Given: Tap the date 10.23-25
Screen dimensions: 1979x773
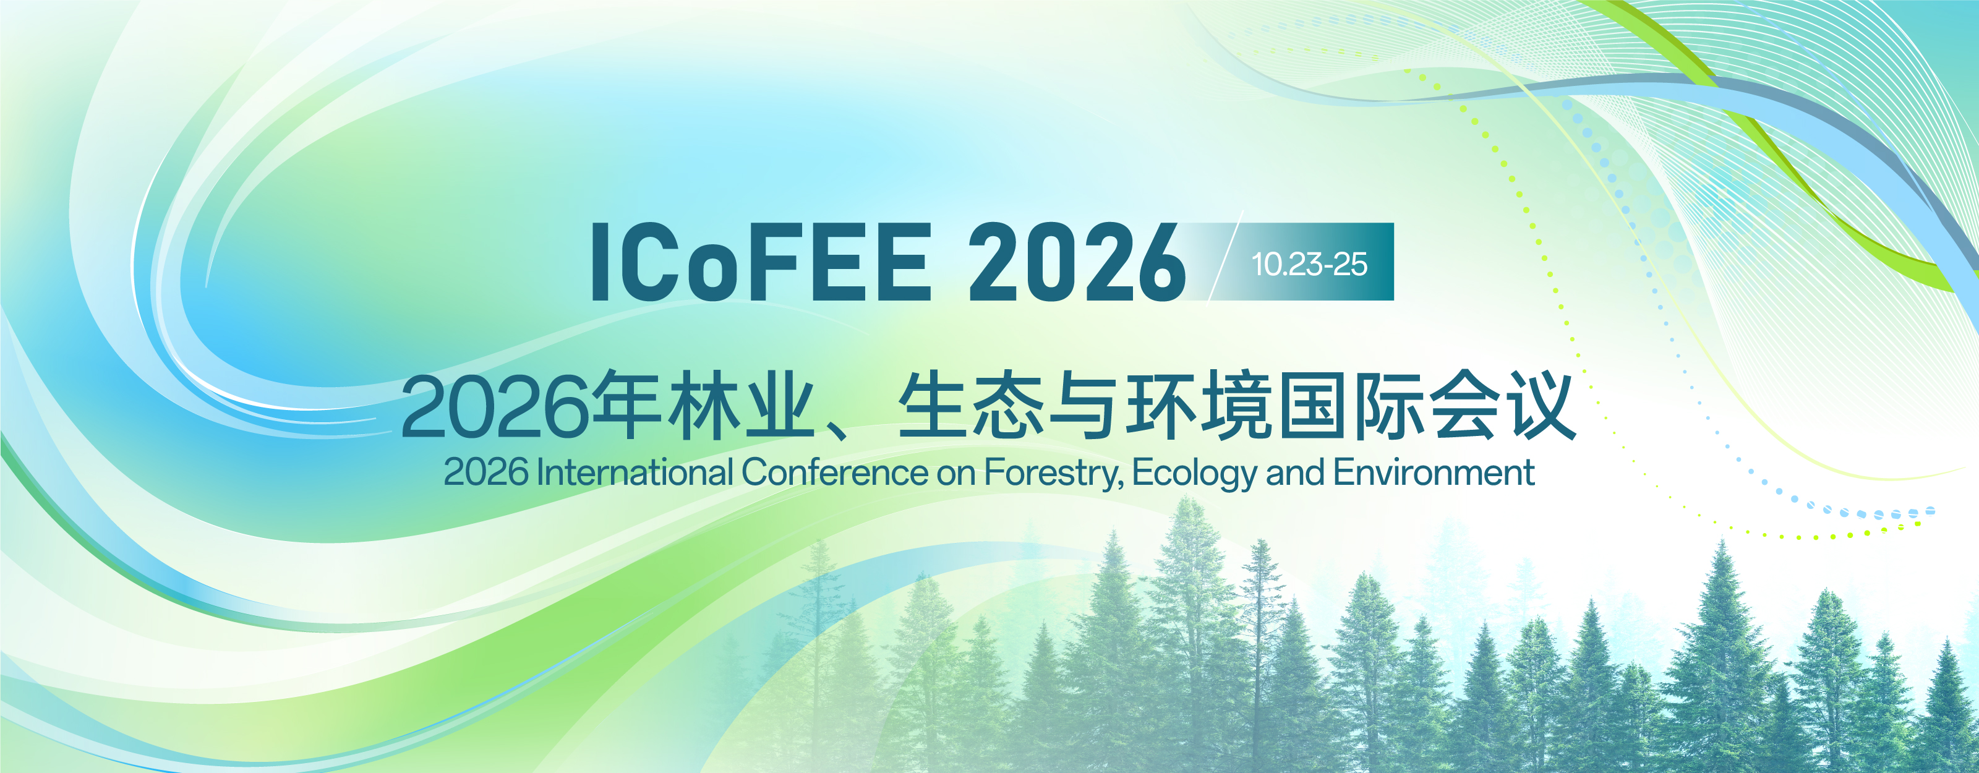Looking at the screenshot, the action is [1310, 264].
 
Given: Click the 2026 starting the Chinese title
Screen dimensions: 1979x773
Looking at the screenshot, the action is [495, 406].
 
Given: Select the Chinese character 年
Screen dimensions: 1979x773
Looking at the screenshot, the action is [628, 405].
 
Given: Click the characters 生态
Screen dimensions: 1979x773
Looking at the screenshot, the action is [970, 405].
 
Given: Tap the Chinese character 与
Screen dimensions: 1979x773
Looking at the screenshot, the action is [1084, 406].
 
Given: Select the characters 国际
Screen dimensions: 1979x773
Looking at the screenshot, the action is [1351, 405].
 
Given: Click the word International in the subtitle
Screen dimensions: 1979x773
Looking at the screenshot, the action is [635, 472].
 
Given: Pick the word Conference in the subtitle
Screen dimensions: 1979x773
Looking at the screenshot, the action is [834, 472].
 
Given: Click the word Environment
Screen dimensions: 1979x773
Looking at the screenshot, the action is [1434, 472].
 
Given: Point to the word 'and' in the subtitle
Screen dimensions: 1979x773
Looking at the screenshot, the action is [1295, 472].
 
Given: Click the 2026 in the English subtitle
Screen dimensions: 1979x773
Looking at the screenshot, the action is [486, 472].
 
